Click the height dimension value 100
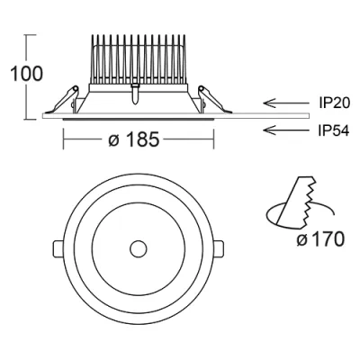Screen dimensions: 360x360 (27, 74)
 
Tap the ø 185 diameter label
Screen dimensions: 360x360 (133, 139)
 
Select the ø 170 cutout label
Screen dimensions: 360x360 (319, 239)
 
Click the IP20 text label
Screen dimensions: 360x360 (334, 103)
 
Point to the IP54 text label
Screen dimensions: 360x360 (334, 130)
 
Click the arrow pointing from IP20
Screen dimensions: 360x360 (285, 103)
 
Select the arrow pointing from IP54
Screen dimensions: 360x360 (285, 130)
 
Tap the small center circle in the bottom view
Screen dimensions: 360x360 (139, 249)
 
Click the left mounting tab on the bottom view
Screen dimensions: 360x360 (58, 248)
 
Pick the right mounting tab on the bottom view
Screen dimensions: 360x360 (218, 248)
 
